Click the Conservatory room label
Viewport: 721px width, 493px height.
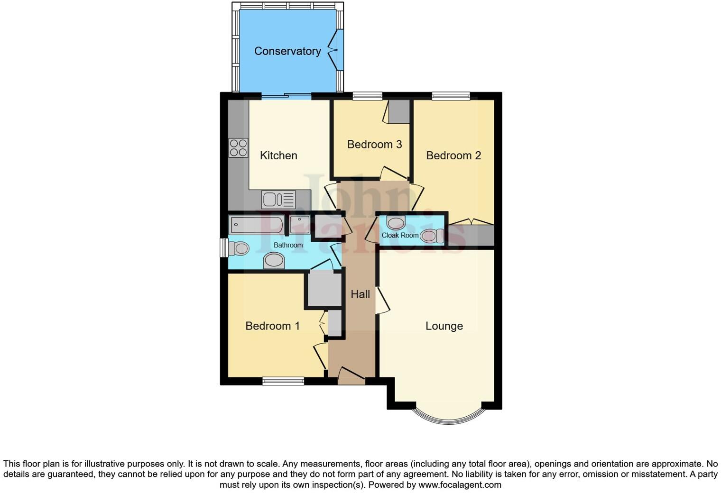pyautogui.click(x=287, y=51)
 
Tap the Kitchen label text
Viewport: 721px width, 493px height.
pyautogui.click(x=278, y=155)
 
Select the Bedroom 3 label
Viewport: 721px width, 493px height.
pyautogui.click(x=374, y=144)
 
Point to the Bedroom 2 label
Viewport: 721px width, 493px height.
pyautogui.click(x=453, y=155)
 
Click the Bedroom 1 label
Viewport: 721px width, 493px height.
pyautogui.click(x=272, y=326)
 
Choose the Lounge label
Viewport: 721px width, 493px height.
pyautogui.click(x=444, y=326)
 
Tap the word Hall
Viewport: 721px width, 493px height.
pyautogui.click(x=360, y=294)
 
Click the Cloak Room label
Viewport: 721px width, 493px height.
pyautogui.click(x=400, y=235)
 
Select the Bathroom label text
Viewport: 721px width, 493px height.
pyautogui.click(x=288, y=245)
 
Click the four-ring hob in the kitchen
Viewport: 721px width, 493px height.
pyautogui.click(x=238, y=147)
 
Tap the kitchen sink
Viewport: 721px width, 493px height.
pyautogui.click(x=278, y=200)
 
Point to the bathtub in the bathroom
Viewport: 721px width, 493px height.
pyautogui.click(x=256, y=225)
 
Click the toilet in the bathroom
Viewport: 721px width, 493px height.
pyautogui.click(x=239, y=248)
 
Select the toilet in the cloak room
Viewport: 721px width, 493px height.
pyautogui.click(x=431, y=236)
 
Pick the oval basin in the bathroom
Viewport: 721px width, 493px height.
pyautogui.click(x=274, y=260)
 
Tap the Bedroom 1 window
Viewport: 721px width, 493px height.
pyautogui.click(x=283, y=381)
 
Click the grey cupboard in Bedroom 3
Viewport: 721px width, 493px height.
pyautogui.click(x=399, y=112)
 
